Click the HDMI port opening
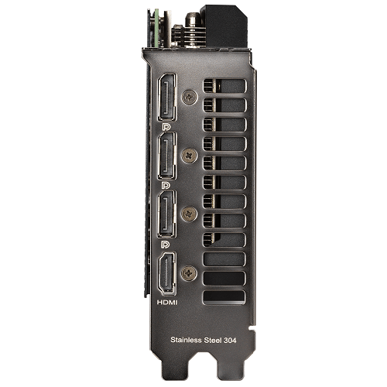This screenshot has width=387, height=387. coord(167,274)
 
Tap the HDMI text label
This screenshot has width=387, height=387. coord(167,302)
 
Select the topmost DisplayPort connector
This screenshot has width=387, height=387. coord(167,98)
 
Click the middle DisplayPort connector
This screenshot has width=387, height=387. coord(167,156)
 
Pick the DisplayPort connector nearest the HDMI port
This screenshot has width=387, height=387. coord(167,214)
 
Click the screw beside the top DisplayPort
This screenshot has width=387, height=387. coord(190,97)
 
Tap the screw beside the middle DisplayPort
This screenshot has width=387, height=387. coord(190,156)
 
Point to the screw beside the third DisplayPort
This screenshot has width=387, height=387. coord(189,214)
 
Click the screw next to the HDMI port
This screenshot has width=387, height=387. coord(189,274)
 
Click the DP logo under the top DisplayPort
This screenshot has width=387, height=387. coord(166,126)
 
